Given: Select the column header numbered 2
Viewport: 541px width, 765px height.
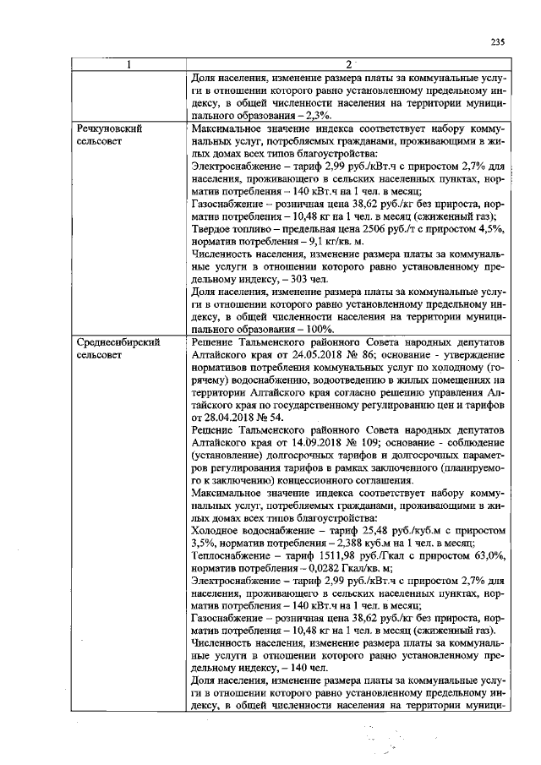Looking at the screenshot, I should point(348,64).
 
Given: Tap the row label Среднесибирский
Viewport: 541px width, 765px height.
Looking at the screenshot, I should point(117,342).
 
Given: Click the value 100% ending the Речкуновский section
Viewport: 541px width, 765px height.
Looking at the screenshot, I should point(318,329).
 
